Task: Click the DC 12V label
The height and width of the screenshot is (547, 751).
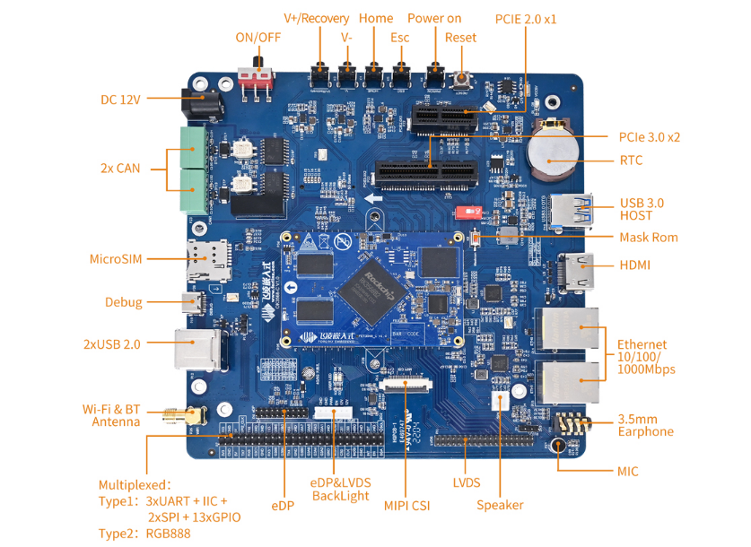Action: [x=120, y=99]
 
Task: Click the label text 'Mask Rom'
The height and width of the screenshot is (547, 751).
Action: [x=648, y=238]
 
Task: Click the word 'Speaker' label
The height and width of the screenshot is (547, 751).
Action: [x=500, y=505]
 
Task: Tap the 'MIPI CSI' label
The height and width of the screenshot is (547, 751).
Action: [x=406, y=505]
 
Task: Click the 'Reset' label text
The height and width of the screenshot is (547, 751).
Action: [x=460, y=38]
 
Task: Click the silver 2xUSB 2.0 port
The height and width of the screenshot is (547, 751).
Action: [x=198, y=348]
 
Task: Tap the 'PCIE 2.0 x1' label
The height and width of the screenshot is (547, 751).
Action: [x=526, y=18]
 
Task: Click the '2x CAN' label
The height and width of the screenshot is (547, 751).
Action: [x=120, y=168]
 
